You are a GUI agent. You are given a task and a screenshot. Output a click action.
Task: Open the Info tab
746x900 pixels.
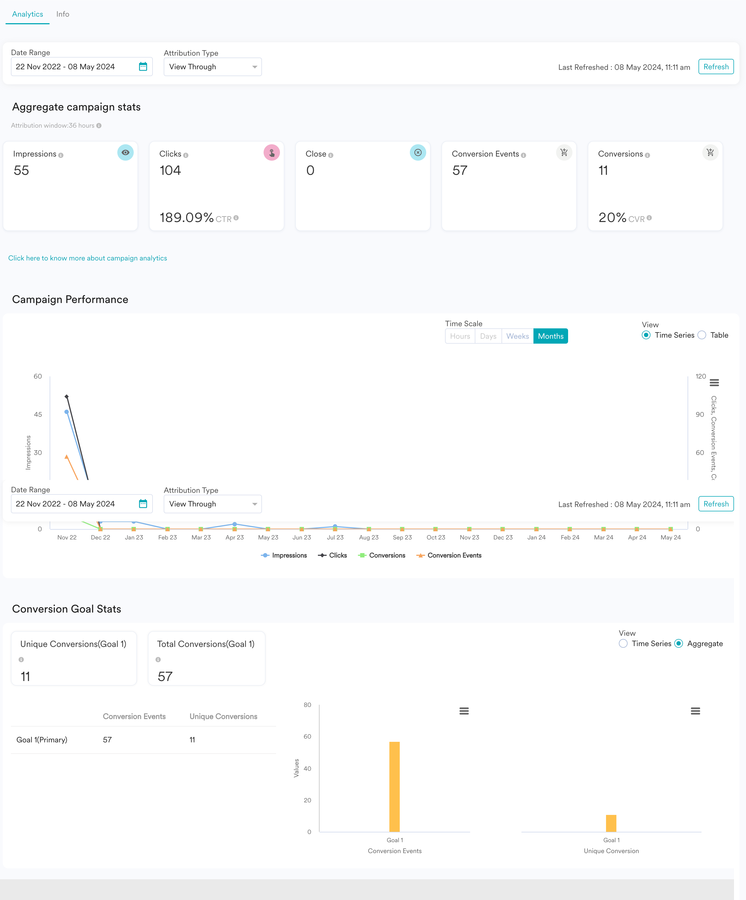click(x=62, y=14)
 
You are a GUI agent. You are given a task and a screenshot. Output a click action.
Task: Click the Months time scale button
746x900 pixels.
click(x=551, y=336)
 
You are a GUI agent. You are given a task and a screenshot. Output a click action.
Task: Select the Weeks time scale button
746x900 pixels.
click(x=518, y=336)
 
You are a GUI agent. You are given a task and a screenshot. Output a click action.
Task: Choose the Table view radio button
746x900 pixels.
click(x=702, y=335)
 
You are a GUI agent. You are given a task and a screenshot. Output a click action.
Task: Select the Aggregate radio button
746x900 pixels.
click(x=679, y=643)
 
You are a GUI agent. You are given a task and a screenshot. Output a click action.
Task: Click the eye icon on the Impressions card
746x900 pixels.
click(x=125, y=152)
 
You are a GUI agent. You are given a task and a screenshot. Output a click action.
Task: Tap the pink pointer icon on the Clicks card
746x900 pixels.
click(x=271, y=152)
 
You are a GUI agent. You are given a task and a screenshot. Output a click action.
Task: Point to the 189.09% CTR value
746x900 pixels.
click(x=187, y=218)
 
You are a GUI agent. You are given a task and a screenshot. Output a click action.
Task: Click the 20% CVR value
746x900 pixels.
click(x=613, y=218)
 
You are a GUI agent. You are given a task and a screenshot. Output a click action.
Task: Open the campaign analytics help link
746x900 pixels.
click(x=88, y=258)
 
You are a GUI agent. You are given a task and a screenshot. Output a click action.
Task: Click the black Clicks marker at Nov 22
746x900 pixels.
click(x=67, y=397)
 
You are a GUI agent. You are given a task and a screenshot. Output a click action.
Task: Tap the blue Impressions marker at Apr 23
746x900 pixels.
click(x=234, y=524)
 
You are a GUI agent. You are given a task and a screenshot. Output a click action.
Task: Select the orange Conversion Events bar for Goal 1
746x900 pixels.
click(x=395, y=787)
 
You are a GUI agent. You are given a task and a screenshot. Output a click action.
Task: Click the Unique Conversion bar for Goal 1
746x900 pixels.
click(x=611, y=823)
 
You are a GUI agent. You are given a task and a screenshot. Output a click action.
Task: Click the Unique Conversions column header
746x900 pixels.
click(x=223, y=716)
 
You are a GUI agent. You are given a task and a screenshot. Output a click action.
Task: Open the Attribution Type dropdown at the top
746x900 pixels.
click(x=213, y=67)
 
